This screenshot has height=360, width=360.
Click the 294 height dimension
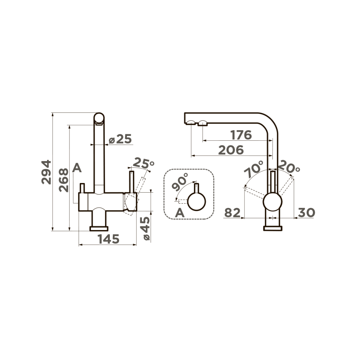tap(46, 172)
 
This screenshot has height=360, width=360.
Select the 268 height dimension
tap(64, 180)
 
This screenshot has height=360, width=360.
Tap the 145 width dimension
tap(109, 239)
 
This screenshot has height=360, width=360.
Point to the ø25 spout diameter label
tap(120, 139)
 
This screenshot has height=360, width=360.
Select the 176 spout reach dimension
tap(241, 135)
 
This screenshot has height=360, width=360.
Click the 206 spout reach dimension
tap(231, 150)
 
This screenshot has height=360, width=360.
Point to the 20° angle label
tap(289, 167)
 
